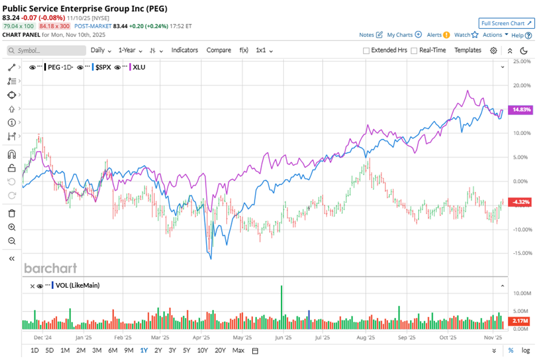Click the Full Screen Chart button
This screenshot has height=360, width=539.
click(x=506, y=23)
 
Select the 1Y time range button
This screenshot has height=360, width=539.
click(x=144, y=350)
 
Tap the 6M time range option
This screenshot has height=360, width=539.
click(x=112, y=350)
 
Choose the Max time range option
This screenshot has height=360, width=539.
click(x=238, y=350)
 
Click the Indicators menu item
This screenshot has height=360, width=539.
click(x=184, y=50)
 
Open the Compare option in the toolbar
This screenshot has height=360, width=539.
click(x=219, y=50)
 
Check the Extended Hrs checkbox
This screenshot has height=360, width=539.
click(x=366, y=51)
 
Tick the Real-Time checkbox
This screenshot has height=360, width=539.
click(x=414, y=51)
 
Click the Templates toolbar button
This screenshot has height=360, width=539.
click(x=467, y=50)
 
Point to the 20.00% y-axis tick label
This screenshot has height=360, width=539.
click(x=522, y=85)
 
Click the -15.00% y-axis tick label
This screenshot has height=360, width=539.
click(x=522, y=253)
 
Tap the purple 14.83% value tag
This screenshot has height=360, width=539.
click(x=521, y=110)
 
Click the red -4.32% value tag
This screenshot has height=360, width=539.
click(x=521, y=202)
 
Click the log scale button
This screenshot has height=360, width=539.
click(x=525, y=350)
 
